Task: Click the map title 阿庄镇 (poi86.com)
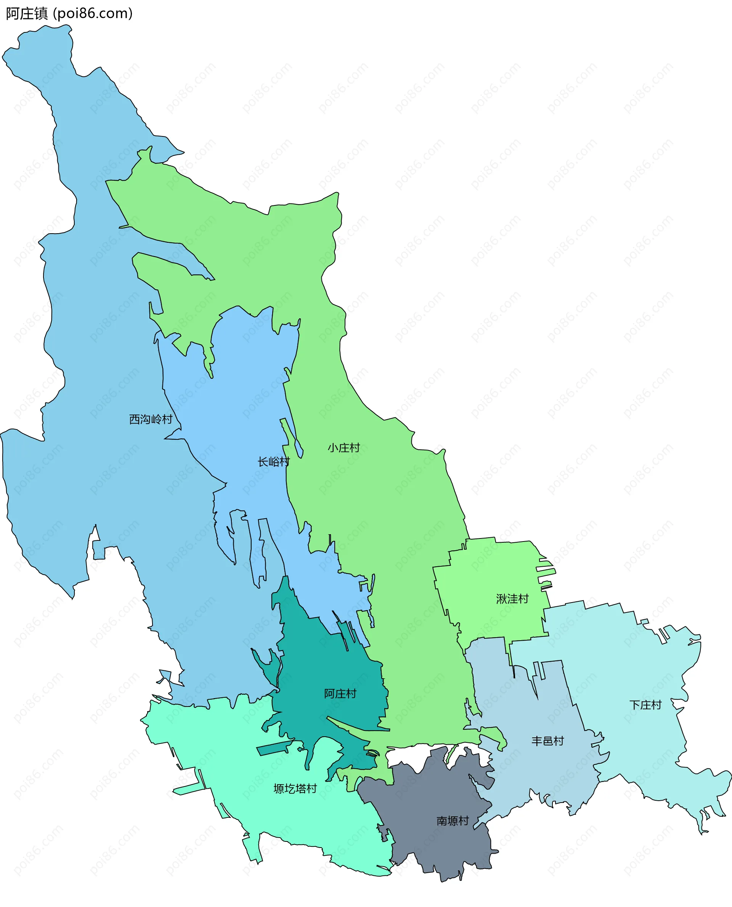click(69, 13)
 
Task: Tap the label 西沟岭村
click(151, 419)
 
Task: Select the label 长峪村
click(274, 462)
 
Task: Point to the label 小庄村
click(344, 448)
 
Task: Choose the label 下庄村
click(645, 705)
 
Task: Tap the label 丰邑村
click(547, 740)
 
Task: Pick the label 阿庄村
click(340, 693)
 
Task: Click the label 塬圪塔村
click(295, 788)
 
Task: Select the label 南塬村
click(453, 820)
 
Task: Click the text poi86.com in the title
click(94, 13)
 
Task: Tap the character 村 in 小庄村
click(355, 448)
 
